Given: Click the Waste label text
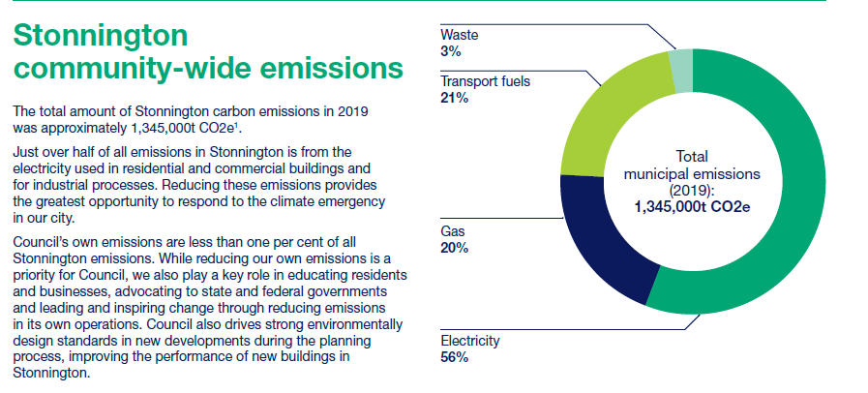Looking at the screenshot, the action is click(459, 35).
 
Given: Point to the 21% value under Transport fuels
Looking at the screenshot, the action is click(455, 99).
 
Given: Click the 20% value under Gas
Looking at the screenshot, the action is click(455, 248).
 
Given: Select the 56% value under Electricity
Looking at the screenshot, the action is click(455, 357).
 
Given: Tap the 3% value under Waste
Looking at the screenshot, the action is click(451, 52).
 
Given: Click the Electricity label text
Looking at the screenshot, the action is click(470, 340).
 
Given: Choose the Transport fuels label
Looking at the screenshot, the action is click(485, 81).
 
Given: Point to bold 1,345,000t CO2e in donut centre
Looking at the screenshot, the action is click(693, 207).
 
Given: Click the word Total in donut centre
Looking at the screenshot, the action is click(692, 157).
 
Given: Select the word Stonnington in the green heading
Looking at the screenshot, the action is click(101, 36).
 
